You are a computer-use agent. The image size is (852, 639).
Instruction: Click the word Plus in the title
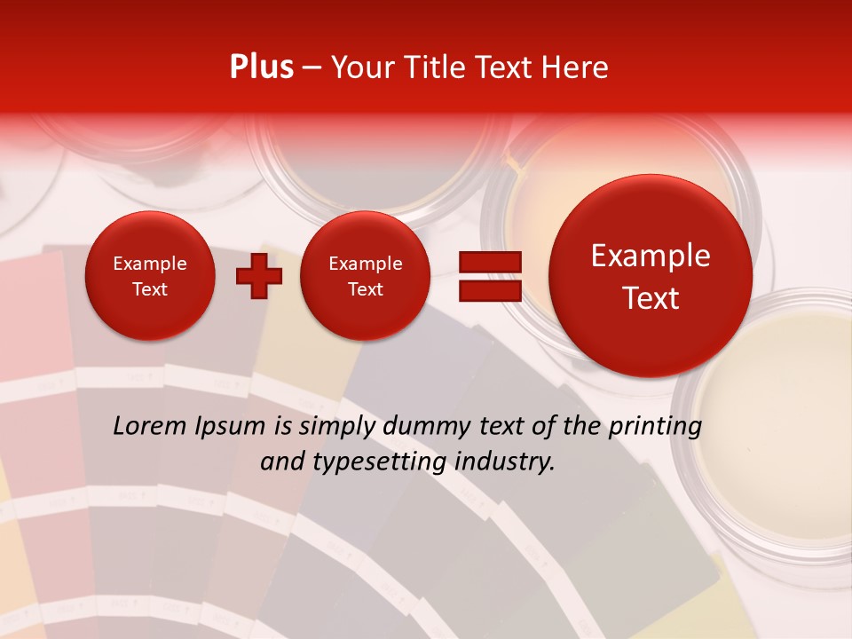click(261, 67)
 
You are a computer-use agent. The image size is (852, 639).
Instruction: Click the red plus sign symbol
click(258, 276)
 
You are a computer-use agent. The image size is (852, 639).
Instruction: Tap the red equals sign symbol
click(489, 276)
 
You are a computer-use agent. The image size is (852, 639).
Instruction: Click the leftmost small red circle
click(149, 276)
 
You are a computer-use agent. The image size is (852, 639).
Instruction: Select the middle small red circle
click(365, 276)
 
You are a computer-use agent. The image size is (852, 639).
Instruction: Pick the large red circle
click(651, 276)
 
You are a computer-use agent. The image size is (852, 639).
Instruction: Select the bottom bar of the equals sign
click(489, 290)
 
